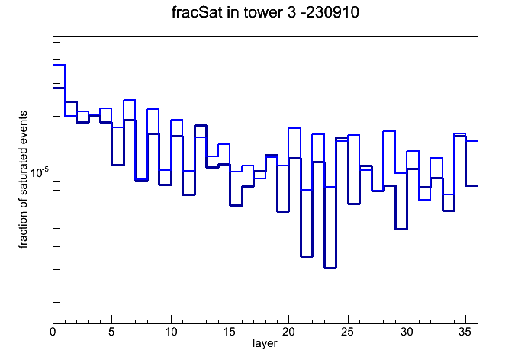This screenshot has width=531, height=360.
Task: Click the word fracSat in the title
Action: (x=197, y=12)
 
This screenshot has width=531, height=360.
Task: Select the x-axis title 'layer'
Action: (x=265, y=343)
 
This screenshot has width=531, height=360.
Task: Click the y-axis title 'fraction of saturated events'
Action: (x=23, y=180)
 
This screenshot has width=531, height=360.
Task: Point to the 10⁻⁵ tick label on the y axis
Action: (x=40, y=172)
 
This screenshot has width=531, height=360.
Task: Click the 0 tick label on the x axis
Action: (x=53, y=332)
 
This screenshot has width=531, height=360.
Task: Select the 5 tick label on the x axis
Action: (x=111, y=332)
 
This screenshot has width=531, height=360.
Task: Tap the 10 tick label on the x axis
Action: (x=171, y=332)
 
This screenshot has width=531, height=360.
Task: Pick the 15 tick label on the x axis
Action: (x=230, y=332)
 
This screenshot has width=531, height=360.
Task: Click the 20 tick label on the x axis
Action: (x=288, y=332)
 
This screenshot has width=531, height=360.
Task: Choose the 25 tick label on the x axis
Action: (x=347, y=332)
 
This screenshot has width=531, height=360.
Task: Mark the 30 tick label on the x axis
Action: (x=407, y=332)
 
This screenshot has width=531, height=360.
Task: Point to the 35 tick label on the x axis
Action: (x=465, y=332)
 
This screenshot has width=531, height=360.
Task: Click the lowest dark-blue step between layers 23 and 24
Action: (x=330, y=268)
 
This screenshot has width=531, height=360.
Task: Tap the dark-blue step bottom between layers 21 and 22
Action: (x=307, y=256)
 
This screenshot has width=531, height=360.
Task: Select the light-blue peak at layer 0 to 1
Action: (x=59, y=64)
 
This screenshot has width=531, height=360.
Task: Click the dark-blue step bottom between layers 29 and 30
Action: (x=401, y=229)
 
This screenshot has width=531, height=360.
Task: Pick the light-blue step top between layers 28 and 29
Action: (x=389, y=131)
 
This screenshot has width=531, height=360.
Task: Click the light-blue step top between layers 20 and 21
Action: (x=294, y=128)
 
